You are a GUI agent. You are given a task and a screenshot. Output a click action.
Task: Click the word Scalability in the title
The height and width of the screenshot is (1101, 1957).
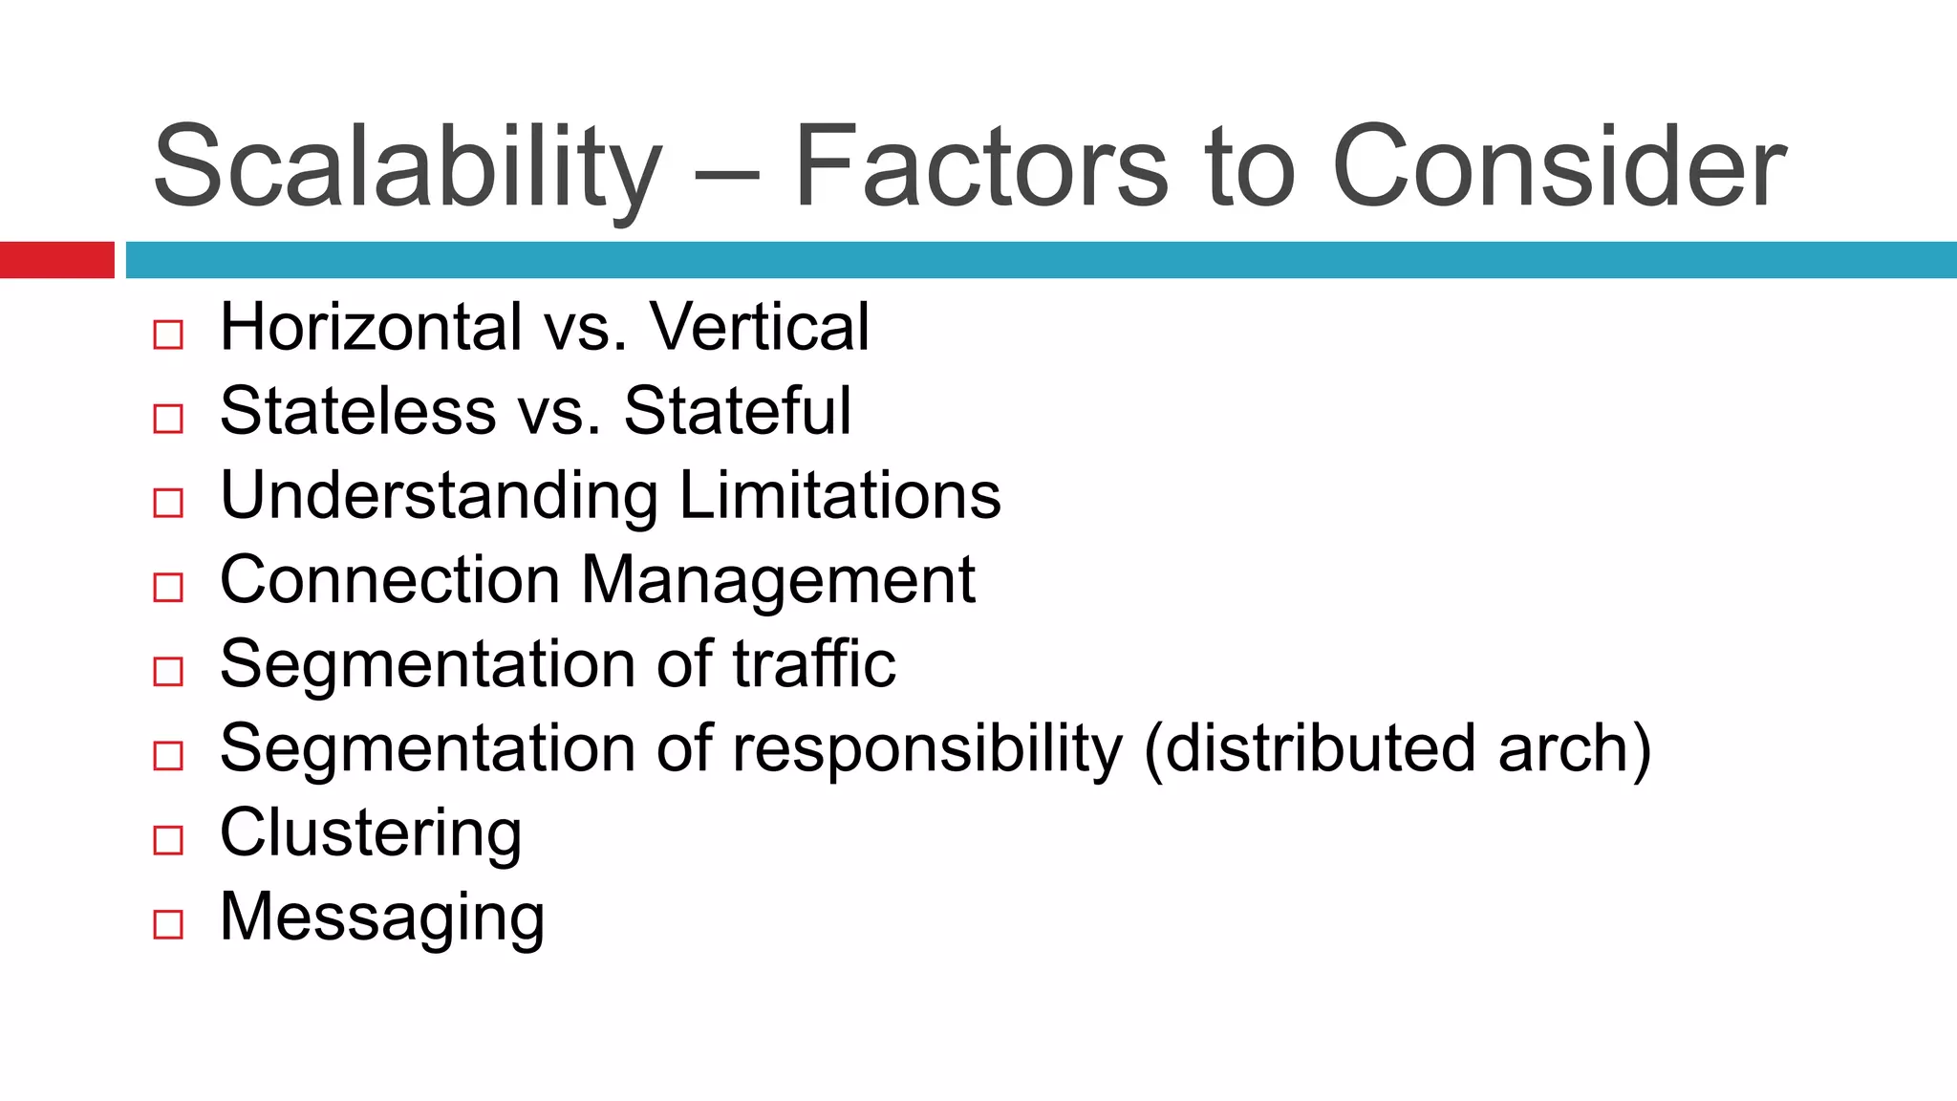407,167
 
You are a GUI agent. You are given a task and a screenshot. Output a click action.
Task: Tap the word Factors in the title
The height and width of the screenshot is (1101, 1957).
980,167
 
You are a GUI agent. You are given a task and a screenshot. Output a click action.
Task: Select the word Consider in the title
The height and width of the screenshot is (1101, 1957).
1559,167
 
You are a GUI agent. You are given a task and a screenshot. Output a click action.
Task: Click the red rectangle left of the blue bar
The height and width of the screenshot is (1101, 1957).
56,260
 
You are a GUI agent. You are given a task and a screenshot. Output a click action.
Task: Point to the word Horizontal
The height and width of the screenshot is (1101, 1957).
371,327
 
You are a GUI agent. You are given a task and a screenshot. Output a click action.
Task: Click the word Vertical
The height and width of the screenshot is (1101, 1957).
760,327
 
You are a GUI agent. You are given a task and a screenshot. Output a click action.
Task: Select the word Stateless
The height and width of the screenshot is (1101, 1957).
357,411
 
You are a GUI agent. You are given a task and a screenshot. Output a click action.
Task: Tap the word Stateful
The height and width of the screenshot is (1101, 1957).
737,411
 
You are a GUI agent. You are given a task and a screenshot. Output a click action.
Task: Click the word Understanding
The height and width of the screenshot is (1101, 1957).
439,496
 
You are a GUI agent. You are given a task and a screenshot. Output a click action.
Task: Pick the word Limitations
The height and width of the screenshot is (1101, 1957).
840,496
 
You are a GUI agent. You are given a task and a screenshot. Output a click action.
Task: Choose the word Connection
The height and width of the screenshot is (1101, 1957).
390,579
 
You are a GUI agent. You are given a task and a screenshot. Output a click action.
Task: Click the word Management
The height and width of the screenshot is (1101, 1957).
778,581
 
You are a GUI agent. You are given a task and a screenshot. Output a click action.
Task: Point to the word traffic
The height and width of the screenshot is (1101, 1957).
814,663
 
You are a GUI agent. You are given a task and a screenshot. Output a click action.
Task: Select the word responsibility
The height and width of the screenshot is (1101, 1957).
927,748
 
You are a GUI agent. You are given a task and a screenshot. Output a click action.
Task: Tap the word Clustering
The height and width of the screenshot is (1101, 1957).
371,833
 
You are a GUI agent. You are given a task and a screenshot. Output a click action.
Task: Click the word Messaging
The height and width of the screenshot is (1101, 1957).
382,917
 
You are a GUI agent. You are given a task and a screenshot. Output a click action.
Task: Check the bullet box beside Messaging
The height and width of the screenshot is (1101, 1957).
168,924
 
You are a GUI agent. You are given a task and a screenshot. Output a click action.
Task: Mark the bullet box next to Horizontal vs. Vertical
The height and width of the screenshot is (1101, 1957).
168,335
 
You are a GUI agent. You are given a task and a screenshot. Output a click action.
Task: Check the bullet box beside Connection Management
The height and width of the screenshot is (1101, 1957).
168,587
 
